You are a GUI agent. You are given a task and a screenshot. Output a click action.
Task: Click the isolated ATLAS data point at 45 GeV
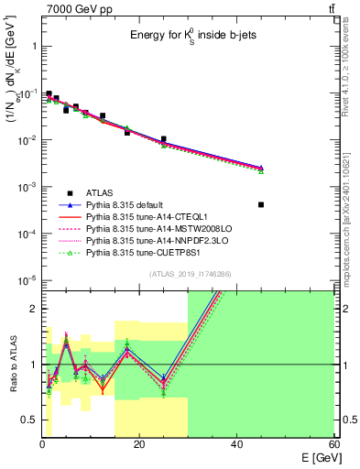tap(261, 204)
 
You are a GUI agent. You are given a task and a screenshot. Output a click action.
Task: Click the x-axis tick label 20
tap(139, 443)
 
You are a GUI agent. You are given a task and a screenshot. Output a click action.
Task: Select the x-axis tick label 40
tap(236, 443)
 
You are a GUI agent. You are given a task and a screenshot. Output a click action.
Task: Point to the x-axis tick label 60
tap(333, 443)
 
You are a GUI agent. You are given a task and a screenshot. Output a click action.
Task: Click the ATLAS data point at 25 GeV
tap(164, 139)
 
